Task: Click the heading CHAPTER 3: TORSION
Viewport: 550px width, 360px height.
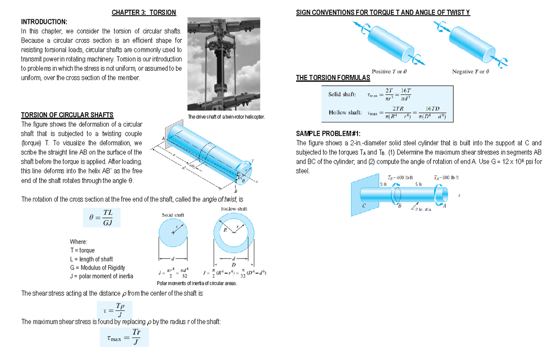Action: [x=143, y=12]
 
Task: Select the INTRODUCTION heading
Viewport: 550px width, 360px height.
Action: [x=44, y=22]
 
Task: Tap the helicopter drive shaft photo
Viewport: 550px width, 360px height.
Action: [x=226, y=64]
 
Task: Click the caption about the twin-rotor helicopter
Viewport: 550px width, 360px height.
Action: [x=226, y=117]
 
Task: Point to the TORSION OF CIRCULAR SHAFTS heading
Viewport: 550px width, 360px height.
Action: [x=67, y=115]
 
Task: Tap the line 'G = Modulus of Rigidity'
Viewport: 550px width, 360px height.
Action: [x=97, y=267]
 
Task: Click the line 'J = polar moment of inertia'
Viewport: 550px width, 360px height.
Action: [x=101, y=276]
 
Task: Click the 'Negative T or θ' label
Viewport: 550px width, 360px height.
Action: [x=471, y=72]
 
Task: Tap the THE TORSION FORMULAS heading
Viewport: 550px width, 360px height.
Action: [x=333, y=78]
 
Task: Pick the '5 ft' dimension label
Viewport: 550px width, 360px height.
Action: [x=418, y=184]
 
